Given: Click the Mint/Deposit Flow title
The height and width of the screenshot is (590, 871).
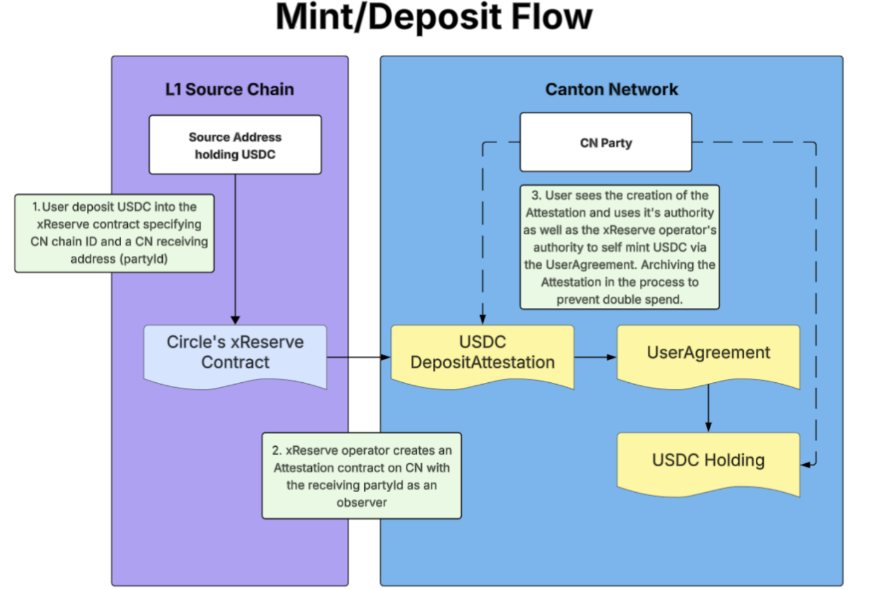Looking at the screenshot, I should pyautogui.click(x=434, y=17).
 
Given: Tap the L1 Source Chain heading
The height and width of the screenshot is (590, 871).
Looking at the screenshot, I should pyautogui.click(x=230, y=89).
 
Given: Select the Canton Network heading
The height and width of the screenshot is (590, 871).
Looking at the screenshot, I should pyautogui.click(x=611, y=89).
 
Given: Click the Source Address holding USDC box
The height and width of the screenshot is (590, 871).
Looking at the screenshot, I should pyautogui.click(x=235, y=145).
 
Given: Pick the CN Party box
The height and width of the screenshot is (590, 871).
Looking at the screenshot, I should pyautogui.click(x=606, y=143).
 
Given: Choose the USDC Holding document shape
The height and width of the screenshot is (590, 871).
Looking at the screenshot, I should pyautogui.click(x=708, y=461).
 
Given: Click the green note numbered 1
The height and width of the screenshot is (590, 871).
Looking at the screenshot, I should pyautogui.click(x=115, y=233).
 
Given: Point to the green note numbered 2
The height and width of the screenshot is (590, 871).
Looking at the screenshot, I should pyautogui.click(x=361, y=476).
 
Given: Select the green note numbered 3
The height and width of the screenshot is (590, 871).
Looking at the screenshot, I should pyautogui.click(x=619, y=248).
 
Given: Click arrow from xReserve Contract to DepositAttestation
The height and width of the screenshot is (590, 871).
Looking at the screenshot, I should pyautogui.click(x=358, y=357).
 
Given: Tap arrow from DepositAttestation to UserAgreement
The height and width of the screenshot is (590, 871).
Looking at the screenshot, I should pyautogui.click(x=594, y=357).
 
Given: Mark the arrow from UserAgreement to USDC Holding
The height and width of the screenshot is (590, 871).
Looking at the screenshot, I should pyautogui.click(x=708, y=408).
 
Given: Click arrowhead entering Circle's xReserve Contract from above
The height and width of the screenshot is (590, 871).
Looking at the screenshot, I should pyautogui.click(x=235, y=320).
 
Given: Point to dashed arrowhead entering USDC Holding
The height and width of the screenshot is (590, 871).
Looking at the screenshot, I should pyautogui.click(x=805, y=464).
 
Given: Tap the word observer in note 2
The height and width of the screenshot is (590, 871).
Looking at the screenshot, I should pyautogui.click(x=361, y=502).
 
